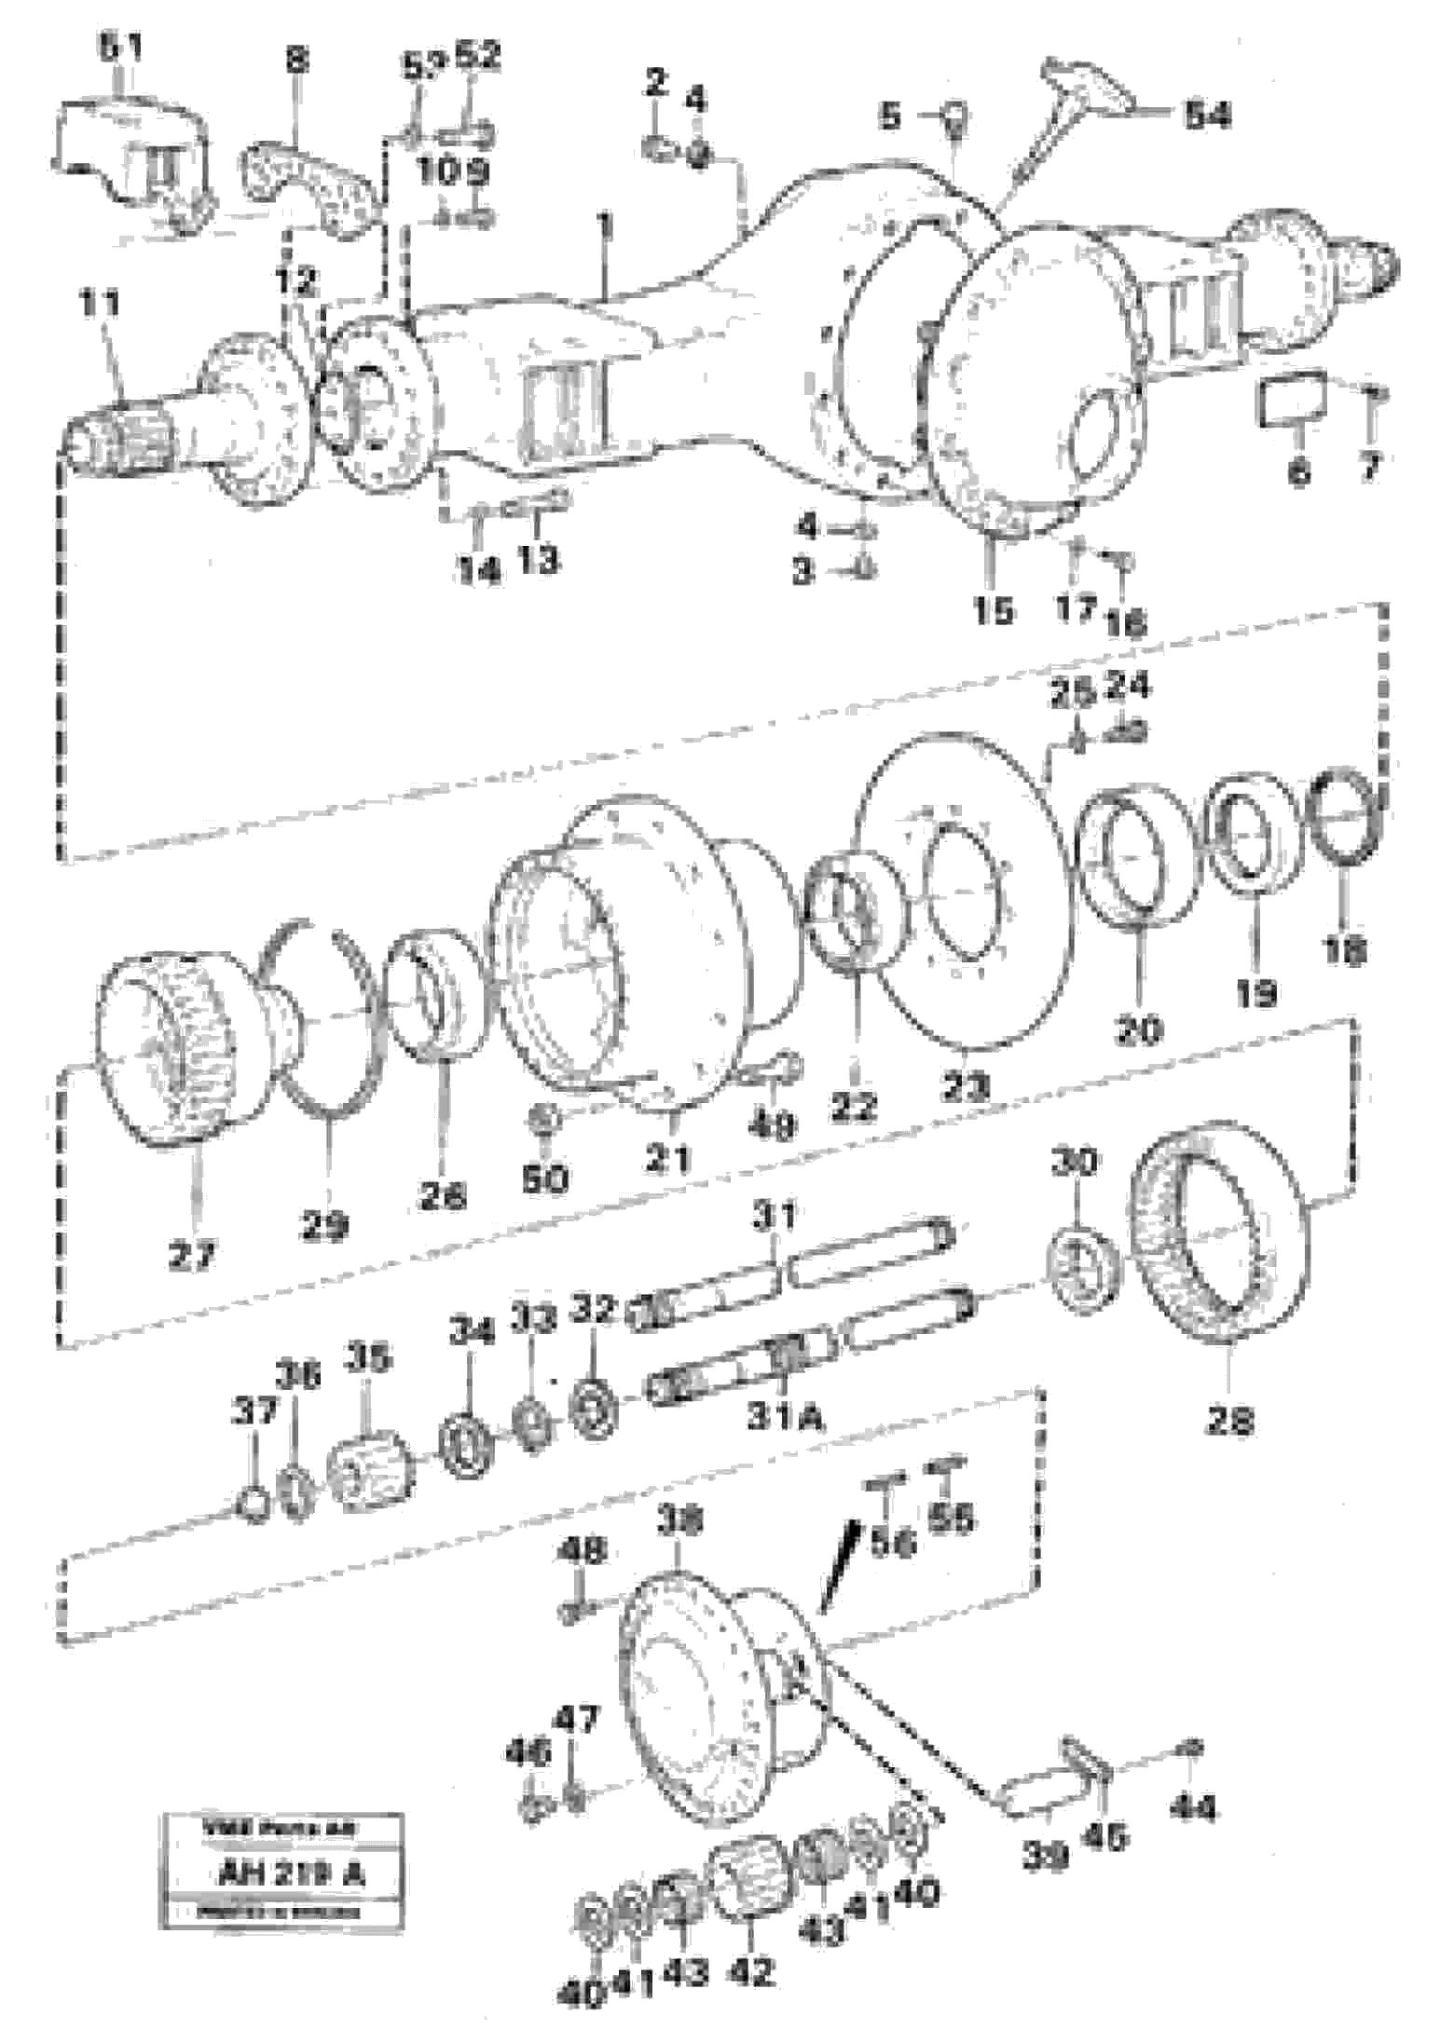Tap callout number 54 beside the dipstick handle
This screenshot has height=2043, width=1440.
(x=1206, y=116)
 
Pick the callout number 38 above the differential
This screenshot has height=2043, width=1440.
(x=679, y=1521)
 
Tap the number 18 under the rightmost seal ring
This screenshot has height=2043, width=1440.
(x=1344, y=950)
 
